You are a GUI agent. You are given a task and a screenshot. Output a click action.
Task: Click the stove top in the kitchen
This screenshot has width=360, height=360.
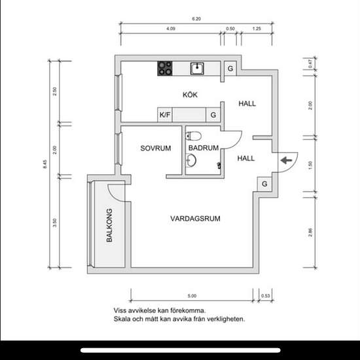(x=165, y=69)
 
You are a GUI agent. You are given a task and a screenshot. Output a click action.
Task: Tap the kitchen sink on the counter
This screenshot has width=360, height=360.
(x=197, y=69)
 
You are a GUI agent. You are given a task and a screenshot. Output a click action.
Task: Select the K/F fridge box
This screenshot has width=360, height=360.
(x=165, y=115)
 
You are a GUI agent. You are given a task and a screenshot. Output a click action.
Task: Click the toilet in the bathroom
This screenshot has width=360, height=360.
(x=193, y=136)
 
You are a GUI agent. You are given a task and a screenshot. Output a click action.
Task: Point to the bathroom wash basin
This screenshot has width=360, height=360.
(x=190, y=160)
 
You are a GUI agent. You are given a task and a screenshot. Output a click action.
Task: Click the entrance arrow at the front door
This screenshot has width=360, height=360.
(x=286, y=160)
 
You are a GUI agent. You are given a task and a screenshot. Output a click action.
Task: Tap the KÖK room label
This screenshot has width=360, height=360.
(x=190, y=95)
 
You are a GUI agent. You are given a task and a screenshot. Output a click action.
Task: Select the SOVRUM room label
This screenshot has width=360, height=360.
(x=156, y=149)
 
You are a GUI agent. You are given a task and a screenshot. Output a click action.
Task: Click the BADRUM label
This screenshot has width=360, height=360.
(x=204, y=148)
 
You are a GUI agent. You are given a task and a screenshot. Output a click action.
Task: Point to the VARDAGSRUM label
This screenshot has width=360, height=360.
(x=196, y=219)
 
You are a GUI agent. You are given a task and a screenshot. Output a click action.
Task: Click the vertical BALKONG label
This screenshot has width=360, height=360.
(x=109, y=225)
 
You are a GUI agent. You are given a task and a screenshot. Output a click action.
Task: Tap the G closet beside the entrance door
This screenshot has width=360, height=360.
(x=264, y=184)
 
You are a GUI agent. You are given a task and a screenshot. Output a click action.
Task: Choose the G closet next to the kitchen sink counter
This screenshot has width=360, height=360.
(x=230, y=69)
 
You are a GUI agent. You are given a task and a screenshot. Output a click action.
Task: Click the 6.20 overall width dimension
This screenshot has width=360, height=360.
(x=196, y=19)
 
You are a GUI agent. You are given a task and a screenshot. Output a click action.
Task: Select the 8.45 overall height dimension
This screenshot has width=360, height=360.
(x=45, y=164)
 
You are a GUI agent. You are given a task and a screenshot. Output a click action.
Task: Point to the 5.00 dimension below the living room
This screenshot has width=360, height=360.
(x=192, y=296)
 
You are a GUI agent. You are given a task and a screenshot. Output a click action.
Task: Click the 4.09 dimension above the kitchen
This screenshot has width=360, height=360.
(x=171, y=29)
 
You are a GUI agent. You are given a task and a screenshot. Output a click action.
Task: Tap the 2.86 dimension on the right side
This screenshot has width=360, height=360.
(x=310, y=232)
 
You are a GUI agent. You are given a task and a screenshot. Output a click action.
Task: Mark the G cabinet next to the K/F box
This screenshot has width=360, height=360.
(x=213, y=115)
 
